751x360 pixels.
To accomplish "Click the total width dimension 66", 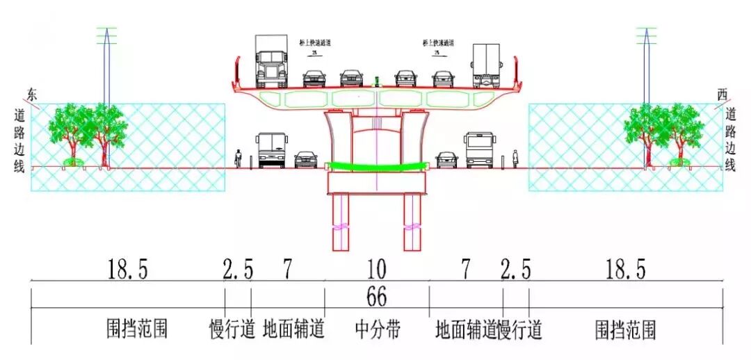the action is [x=376, y=297].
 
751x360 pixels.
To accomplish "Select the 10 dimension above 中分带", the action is [x=376, y=268].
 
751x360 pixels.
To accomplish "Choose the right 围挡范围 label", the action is [x=626, y=329].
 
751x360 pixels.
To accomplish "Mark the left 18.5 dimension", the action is [x=128, y=268].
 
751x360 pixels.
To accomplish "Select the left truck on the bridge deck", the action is [x=270, y=60].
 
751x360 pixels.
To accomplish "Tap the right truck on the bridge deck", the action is [x=486, y=65].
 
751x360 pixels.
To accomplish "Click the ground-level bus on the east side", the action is [x=272, y=150].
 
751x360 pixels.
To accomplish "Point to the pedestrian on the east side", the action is [x=238, y=158].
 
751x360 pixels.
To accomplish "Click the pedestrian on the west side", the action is [x=515, y=158].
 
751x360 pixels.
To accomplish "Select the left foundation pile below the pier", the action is [x=341, y=222].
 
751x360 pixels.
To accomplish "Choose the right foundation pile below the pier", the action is [x=413, y=222].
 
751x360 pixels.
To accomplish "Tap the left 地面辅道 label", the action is [x=293, y=329].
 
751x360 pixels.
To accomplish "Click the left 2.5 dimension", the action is [x=238, y=268].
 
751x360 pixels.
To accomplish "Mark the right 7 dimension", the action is [x=466, y=268].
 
